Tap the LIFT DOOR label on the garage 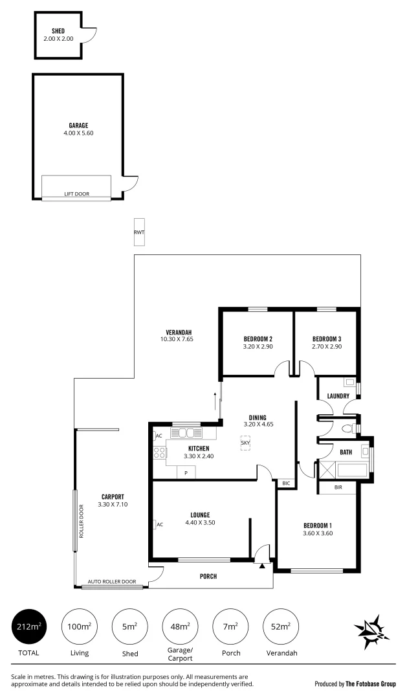click(77, 194)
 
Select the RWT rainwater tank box click(139, 233)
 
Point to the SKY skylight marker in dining click(245, 443)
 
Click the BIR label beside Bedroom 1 click(338, 487)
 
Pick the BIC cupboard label click(285, 483)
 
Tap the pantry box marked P click(186, 473)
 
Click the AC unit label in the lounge click(158, 525)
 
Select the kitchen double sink click(186, 432)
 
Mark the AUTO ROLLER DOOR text click(112, 582)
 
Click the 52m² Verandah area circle click(281, 627)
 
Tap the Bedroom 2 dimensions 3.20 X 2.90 click(258, 347)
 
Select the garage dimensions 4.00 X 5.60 click(78, 133)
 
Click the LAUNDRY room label click(338, 396)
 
